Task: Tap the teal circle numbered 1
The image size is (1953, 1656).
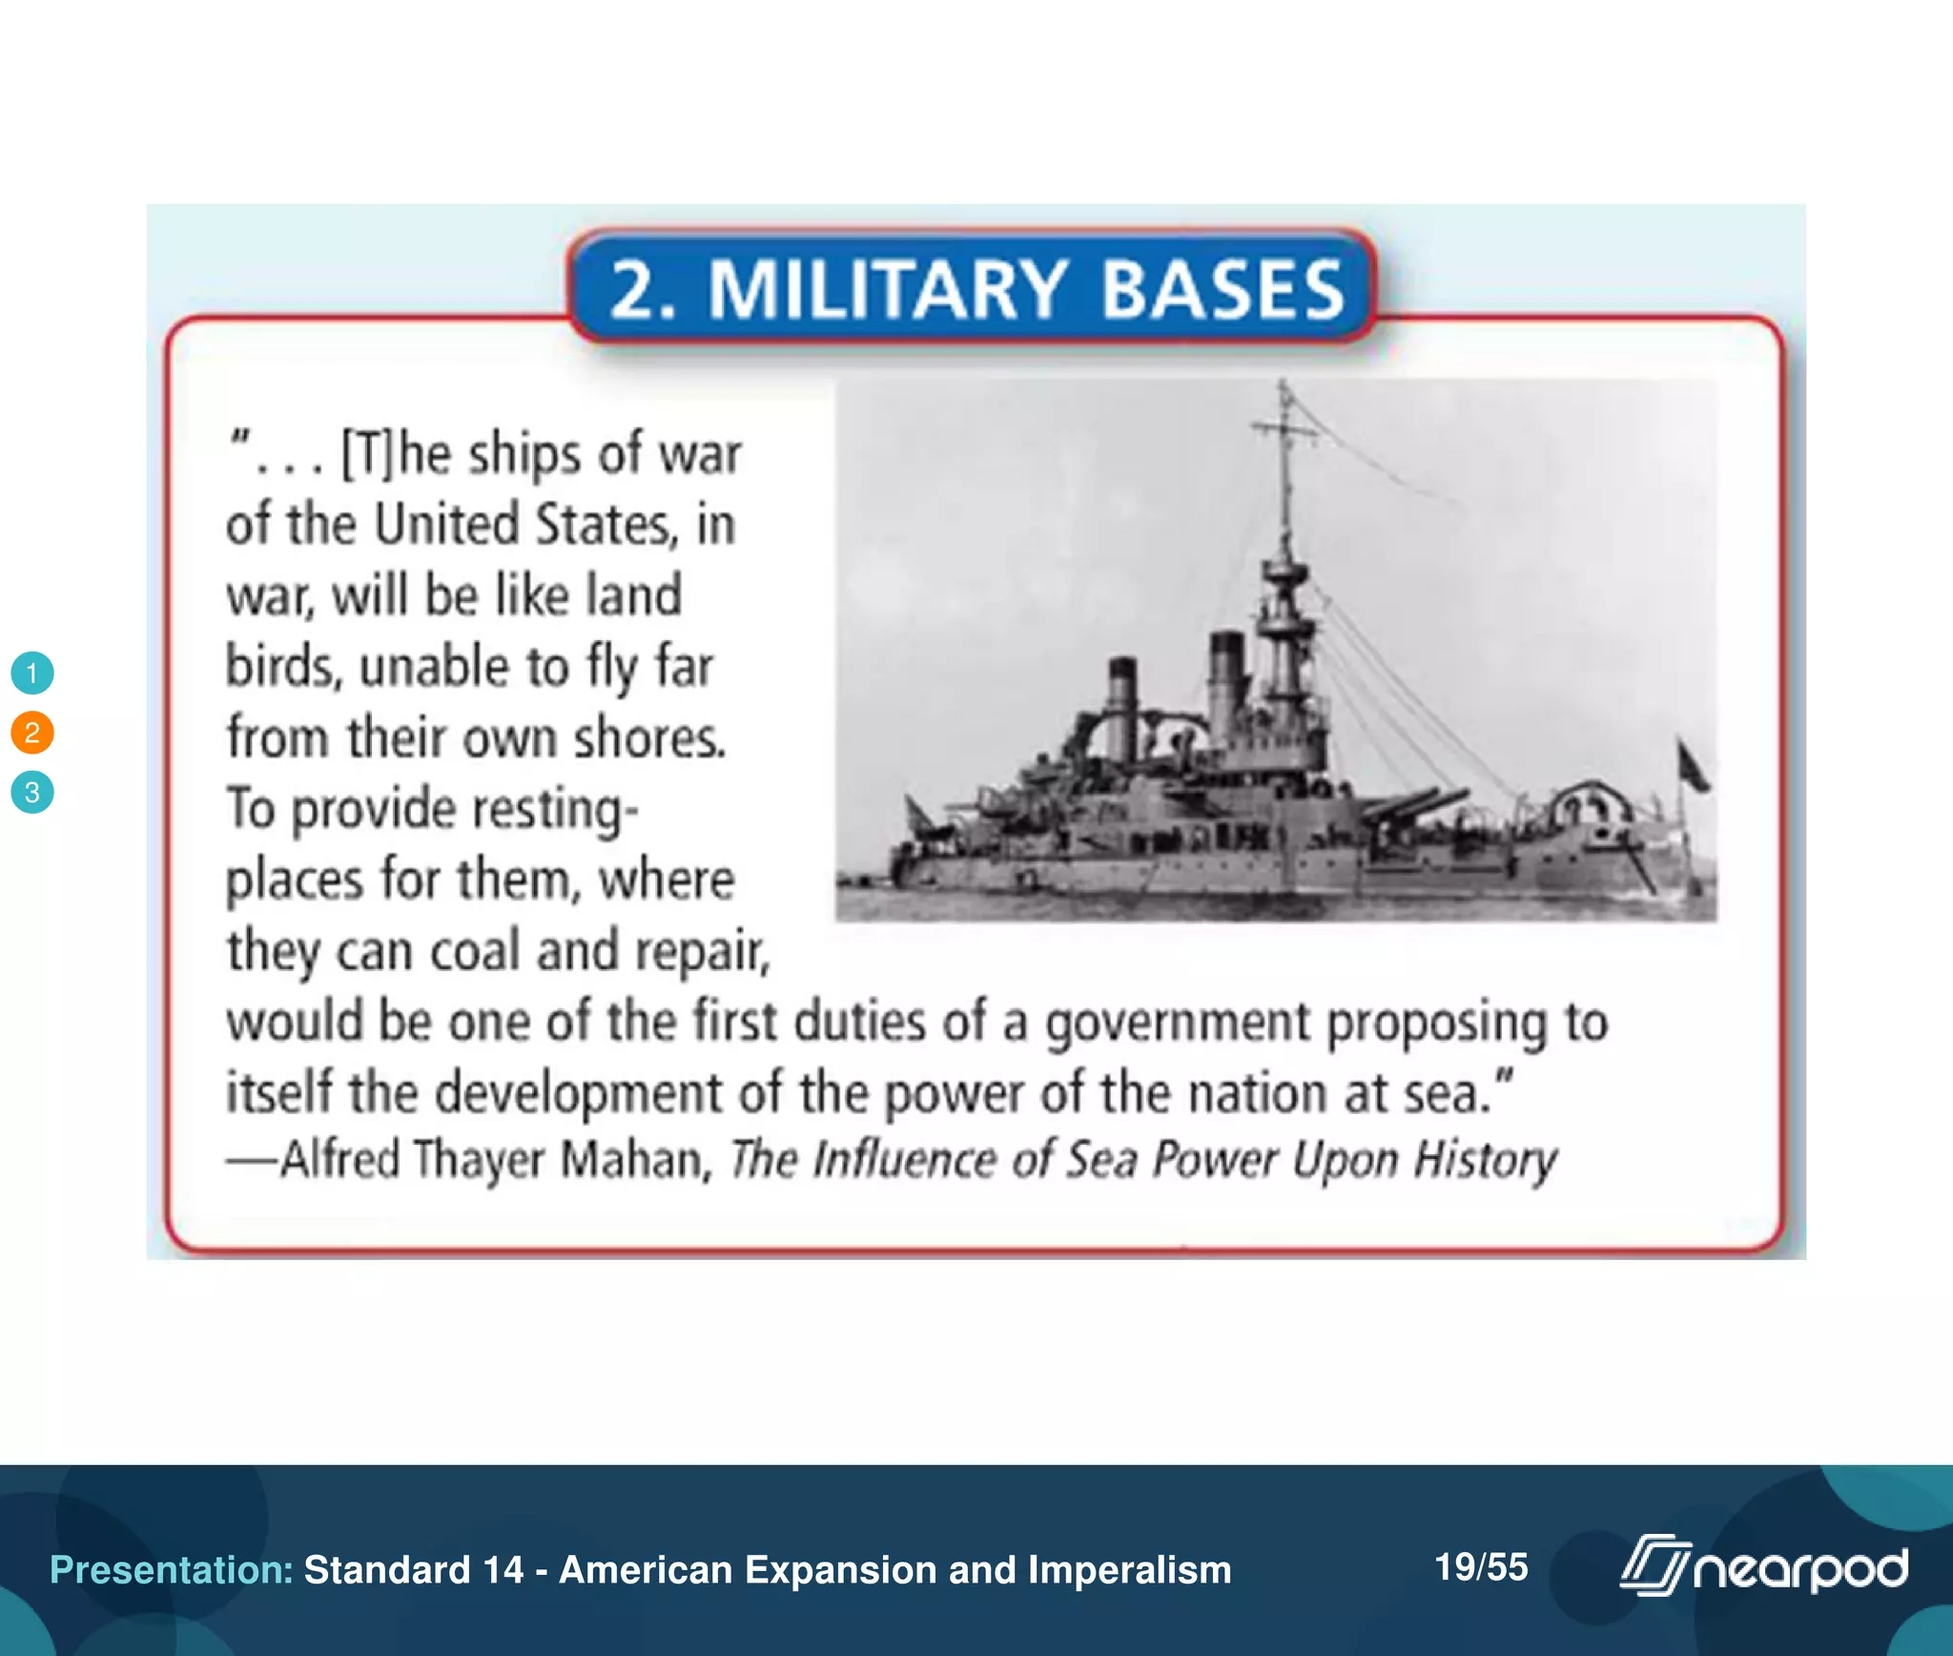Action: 32,673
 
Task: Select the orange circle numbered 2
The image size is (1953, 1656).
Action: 32,733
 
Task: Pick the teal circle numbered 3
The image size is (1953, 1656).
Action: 32,792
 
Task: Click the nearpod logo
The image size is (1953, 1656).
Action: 1764,1566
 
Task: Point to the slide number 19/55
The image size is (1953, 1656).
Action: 1481,1566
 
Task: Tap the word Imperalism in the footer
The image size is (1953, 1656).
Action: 1129,1570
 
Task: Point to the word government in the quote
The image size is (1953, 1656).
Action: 1179,1023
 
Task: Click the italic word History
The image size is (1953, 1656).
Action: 1485,1160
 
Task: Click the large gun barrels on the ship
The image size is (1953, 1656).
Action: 1411,806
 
